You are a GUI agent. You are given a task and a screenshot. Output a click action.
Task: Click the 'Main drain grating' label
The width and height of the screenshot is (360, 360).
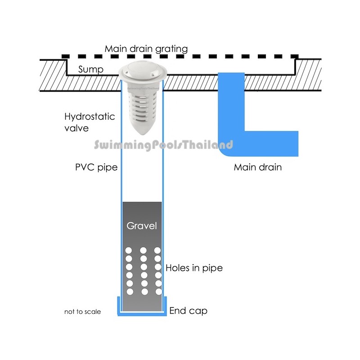(146, 49)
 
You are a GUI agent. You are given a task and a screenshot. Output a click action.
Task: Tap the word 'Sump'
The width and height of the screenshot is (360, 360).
(91, 70)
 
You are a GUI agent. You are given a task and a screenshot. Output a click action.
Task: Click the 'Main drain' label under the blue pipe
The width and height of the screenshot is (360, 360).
(257, 167)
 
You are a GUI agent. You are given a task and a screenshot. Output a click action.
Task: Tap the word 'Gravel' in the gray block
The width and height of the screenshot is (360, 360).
(142, 225)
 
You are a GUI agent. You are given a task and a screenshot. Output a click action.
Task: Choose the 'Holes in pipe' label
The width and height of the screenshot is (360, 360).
(194, 268)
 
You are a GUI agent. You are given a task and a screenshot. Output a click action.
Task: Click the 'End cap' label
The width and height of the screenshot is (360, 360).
(189, 310)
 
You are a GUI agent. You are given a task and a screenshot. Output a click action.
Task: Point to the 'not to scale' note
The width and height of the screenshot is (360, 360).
(82, 311)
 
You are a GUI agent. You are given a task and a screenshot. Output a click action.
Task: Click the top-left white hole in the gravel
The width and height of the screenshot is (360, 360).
(128, 250)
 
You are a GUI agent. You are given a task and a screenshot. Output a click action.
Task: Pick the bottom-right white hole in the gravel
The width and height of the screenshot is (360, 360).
(157, 292)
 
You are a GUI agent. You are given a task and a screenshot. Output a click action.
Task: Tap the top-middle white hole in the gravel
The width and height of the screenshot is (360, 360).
(143, 250)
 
